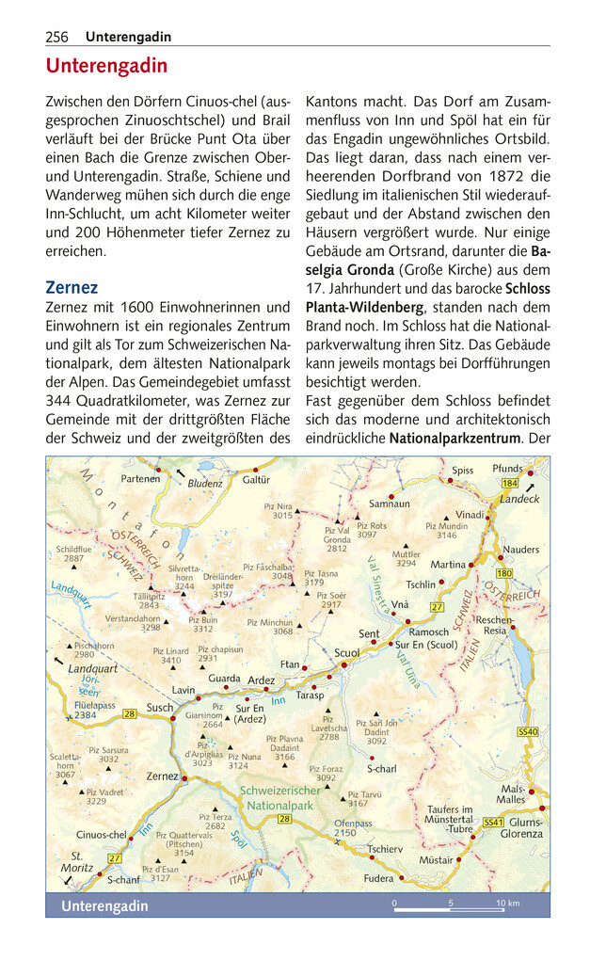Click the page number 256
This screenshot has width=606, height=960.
[56, 37]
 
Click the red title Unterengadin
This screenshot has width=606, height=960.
[106, 67]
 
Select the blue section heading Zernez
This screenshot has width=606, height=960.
[72, 287]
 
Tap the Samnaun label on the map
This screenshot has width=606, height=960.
[389, 504]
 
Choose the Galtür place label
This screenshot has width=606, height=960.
[256, 480]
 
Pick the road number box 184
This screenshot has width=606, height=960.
[510, 483]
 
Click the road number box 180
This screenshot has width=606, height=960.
[503, 573]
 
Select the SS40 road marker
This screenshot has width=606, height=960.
[528, 731]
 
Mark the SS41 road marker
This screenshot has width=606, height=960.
[493, 822]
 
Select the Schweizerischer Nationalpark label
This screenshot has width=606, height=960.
[280, 798]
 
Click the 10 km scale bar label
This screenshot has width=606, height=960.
[507, 904]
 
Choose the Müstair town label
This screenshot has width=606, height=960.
[436, 859]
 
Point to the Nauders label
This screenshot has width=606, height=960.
[521, 550]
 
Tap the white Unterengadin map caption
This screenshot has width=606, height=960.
[104, 905]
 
